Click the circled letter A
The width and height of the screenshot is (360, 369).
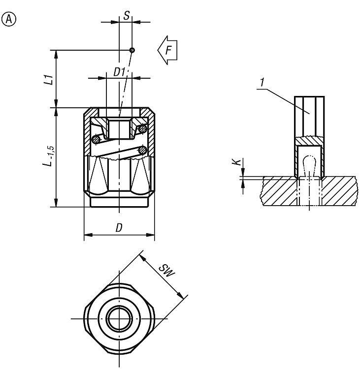pyautogui.click(x=9, y=19)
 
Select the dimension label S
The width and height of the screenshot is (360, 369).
pyautogui.click(x=127, y=16)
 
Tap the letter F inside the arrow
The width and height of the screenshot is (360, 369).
pyautogui.click(x=168, y=50)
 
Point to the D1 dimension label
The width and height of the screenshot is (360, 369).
pyautogui.click(x=119, y=72)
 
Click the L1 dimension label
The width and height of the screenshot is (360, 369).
pyautogui.click(x=49, y=80)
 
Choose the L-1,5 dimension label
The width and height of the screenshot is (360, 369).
pyautogui.click(x=49, y=156)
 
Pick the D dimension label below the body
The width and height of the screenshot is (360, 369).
pyautogui.click(x=119, y=228)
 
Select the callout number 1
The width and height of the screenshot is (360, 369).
pyautogui.click(x=262, y=82)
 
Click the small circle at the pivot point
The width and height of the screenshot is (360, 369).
pyautogui.click(x=132, y=50)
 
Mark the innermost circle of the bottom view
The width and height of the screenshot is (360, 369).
pyautogui.click(x=119, y=319)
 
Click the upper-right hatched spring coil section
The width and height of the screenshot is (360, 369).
pyautogui.click(x=142, y=129)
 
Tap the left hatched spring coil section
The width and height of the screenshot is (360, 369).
pyautogui.click(x=96, y=139)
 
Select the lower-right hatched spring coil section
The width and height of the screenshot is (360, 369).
pyautogui.click(x=142, y=150)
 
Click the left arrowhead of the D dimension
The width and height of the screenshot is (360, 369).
pyautogui.click(x=88, y=235)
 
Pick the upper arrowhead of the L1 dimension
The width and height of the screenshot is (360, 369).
pyautogui.click(x=56, y=54)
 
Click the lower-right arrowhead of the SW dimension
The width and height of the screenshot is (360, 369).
pyautogui.click(x=180, y=295)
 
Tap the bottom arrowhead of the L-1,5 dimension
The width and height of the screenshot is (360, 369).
pyautogui.click(x=56, y=203)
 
